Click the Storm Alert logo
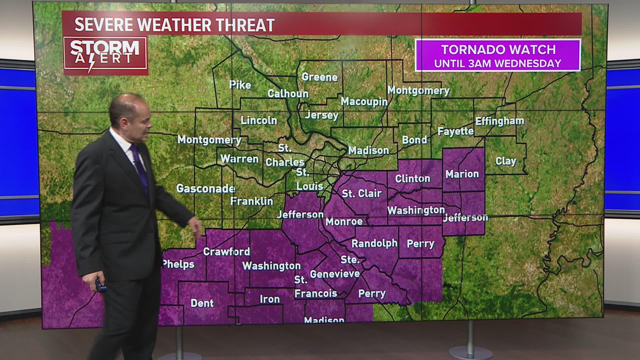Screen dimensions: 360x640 (x=105, y=55)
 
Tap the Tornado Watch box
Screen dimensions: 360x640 (x=498, y=55)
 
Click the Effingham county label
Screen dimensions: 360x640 (x=500, y=121)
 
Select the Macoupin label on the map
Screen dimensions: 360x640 (x=364, y=101)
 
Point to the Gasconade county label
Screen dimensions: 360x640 (x=206, y=189)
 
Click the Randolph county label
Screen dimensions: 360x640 (x=374, y=243)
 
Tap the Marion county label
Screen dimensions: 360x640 (x=462, y=174)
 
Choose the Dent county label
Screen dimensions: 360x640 (x=202, y=303)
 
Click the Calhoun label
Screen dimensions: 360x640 (x=288, y=94)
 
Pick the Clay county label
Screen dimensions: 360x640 (x=506, y=161)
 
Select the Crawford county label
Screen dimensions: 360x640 (x=226, y=251)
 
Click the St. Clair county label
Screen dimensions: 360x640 (x=362, y=193)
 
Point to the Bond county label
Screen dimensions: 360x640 (x=414, y=140)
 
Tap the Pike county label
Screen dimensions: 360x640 (x=240, y=85)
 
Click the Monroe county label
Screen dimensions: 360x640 (x=344, y=221)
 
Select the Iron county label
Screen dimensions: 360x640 (x=270, y=299)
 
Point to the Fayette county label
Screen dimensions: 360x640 (x=456, y=131)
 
